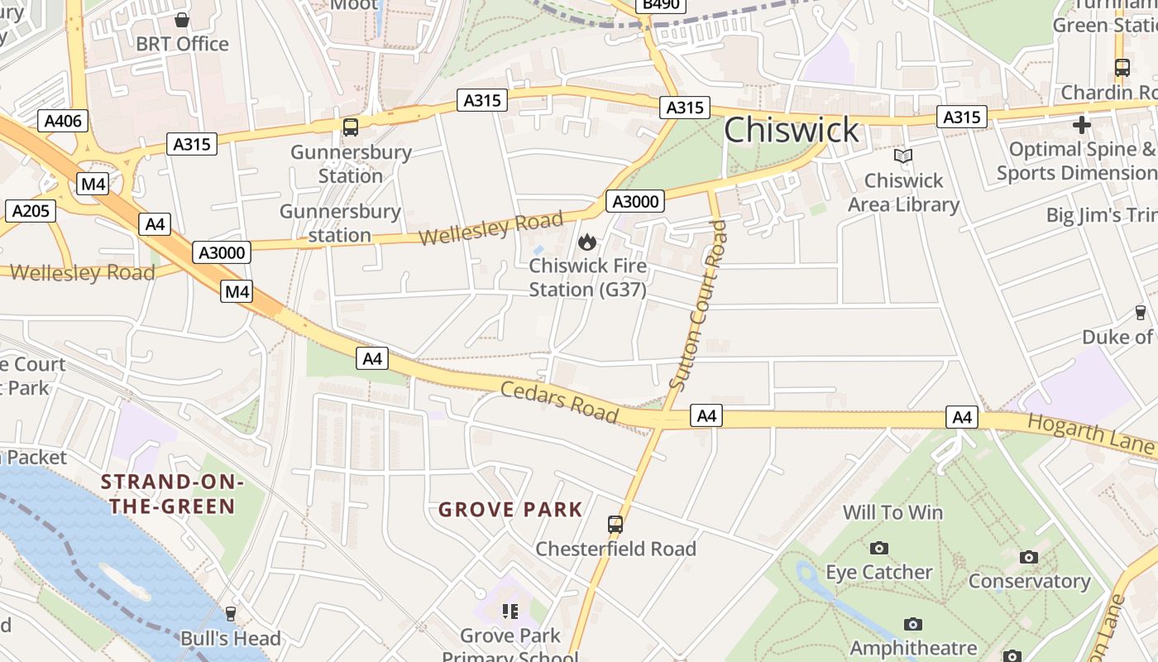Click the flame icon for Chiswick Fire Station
tap(587, 242)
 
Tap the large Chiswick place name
tap(792, 131)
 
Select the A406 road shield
tap(63, 122)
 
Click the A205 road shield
tap(31, 211)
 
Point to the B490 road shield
tap(661, 5)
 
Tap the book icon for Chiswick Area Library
tap(903, 156)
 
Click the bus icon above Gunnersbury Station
tap(351, 127)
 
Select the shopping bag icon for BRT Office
tap(182, 19)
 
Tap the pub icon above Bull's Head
tap(231, 614)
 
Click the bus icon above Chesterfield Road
tap(615, 524)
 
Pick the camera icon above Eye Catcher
tap(879, 548)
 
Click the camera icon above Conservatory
tap(1028, 557)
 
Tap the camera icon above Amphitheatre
tap(913, 624)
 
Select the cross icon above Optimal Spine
tap(1081, 125)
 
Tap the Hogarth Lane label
tap(1089, 434)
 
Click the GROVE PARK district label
tap(510, 510)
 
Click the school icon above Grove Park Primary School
tap(510, 612)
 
